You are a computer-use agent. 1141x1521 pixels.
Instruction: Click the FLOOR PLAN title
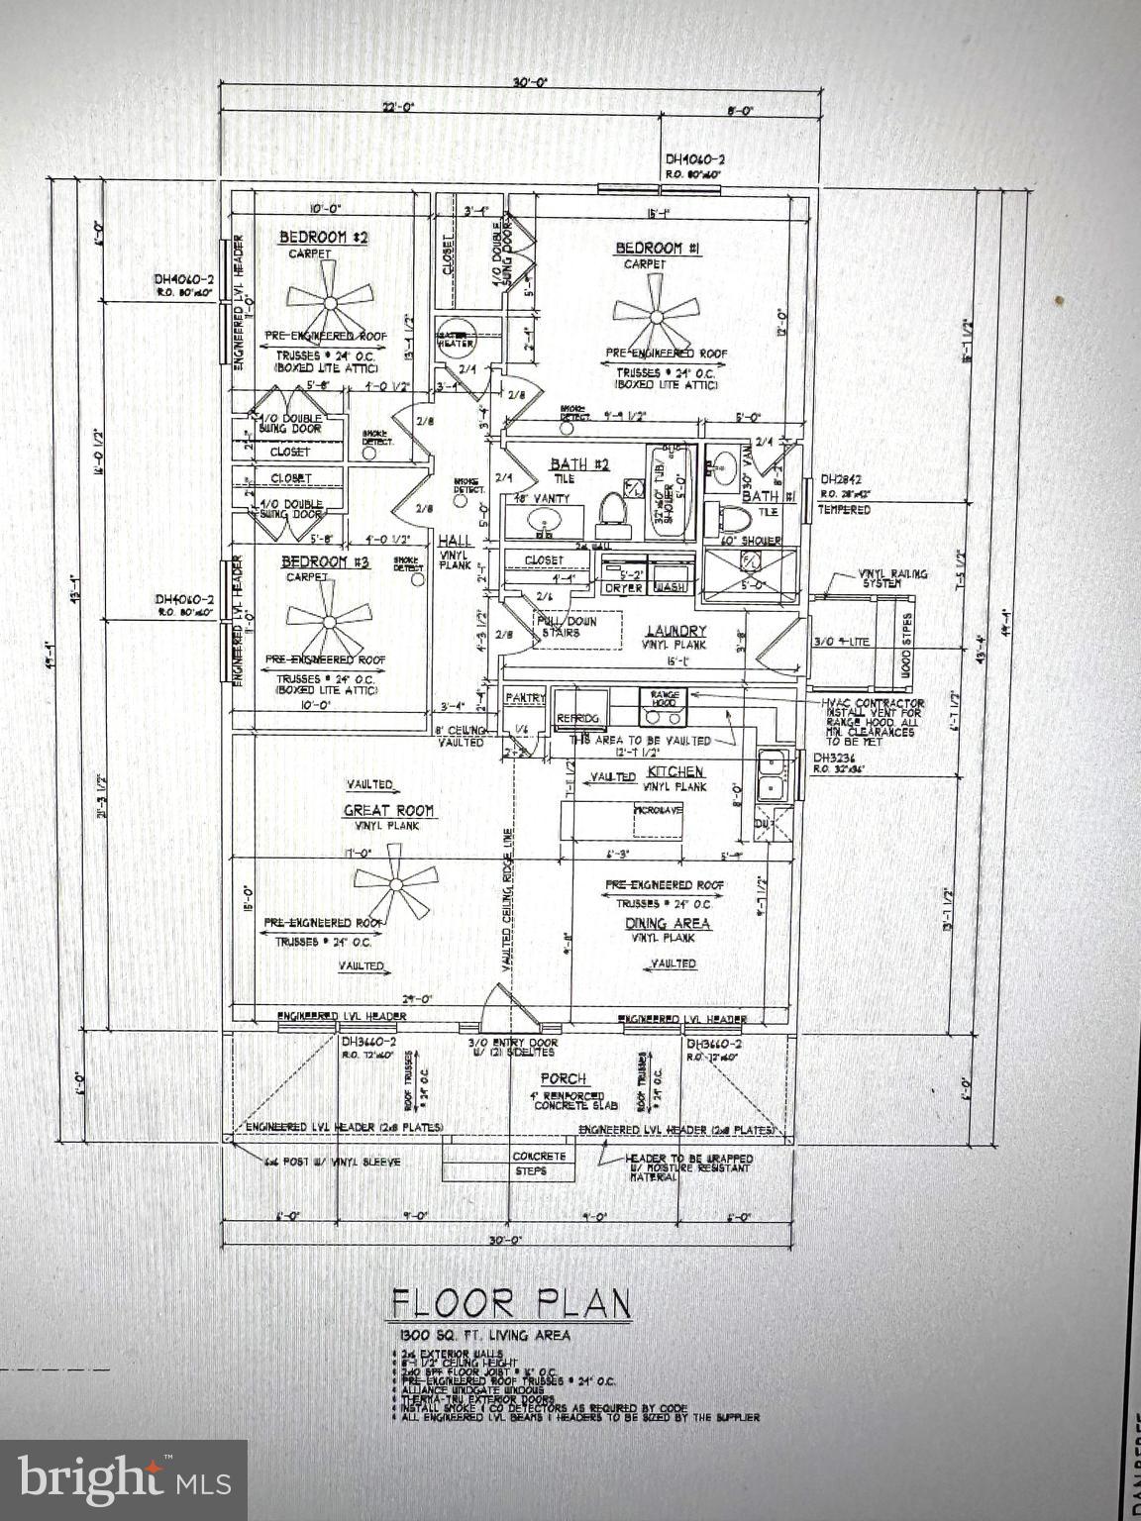coord(511,1303)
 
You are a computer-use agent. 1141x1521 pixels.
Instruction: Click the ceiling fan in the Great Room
coord(394,882)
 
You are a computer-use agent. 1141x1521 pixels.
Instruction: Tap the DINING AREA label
coord(668,923)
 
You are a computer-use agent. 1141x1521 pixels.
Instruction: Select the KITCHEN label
coord(675,771)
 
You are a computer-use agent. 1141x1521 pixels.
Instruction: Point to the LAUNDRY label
coord(675,631)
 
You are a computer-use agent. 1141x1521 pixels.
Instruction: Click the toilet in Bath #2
coord(611,510)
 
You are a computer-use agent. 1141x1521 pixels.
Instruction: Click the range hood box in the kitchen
coord(663,696)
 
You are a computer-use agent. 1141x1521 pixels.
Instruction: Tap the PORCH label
coord(563,1077)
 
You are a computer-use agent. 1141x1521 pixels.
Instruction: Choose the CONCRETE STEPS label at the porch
coord(539,1164)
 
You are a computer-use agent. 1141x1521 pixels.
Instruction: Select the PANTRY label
coord(524,698)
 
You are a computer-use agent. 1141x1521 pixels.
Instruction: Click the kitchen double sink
coord(773,774)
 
